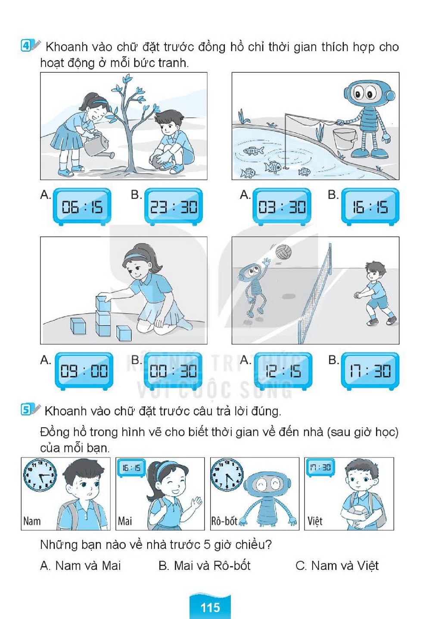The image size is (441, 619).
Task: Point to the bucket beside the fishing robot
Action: click(x=345, y=140)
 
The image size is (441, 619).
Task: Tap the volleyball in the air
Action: click(x=283, y=252)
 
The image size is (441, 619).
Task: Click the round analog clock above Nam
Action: click(x=40, y=475)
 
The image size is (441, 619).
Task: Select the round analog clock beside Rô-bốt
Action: click(x=227, y=475)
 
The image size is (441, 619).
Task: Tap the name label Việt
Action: click(x=315, y=521)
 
